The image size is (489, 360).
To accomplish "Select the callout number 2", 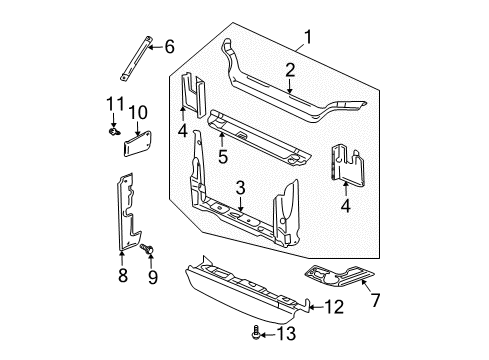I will (x=289, y=70).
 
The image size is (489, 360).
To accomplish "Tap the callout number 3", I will (x=241, y=186).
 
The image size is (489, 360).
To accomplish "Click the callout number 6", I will (x=169, y=45).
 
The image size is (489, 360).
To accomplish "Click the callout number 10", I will (x=137, y=111).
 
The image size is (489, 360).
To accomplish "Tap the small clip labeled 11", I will (x=111, y=126).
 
